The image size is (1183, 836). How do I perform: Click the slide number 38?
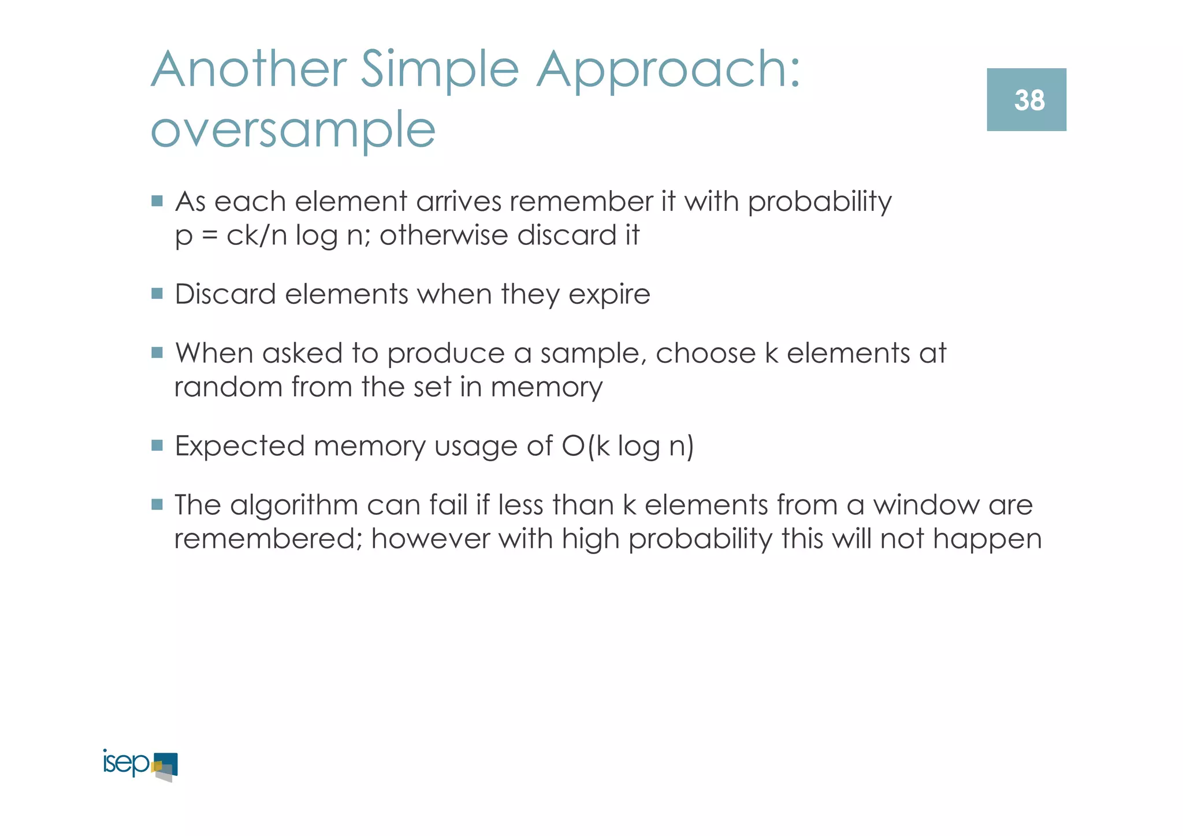click(x=1029, y=101)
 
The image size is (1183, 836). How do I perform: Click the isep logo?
click(x=140, y=765)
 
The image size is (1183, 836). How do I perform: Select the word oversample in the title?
click(x=293, y=130)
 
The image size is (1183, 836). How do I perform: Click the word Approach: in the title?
click(x=668, y=70)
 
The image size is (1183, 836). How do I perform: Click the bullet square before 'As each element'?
click(x=157, y=201)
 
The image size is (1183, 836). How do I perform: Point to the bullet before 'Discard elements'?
click(x=157, y=293)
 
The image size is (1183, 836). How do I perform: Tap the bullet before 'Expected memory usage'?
click(x=157, y=445)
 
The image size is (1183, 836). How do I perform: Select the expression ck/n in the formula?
click(x=256, y=236)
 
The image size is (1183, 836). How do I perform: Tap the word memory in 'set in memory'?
click(x=546, y=388)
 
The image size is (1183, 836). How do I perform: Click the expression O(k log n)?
click(x=627, y=446)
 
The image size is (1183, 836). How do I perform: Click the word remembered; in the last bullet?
click(x=268, y=538)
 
